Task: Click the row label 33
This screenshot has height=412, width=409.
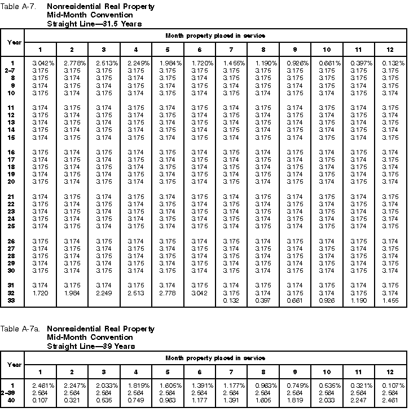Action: [x=11, y=300]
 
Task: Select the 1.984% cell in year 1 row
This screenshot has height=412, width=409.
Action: [x=168, y=63]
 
